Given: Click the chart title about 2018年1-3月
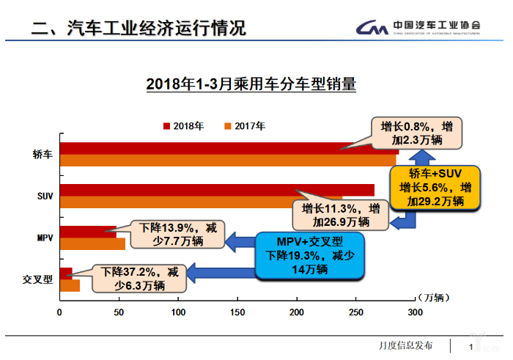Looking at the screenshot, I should point(251,84).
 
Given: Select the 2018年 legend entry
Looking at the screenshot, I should point(183,125).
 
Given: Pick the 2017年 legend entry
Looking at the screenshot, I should point(245,125).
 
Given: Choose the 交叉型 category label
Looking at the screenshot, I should point(38,279).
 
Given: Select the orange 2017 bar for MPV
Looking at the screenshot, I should point(92,244).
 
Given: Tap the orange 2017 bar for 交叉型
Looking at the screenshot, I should point(70,286).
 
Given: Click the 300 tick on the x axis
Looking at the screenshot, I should point(415,312).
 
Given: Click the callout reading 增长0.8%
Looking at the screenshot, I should point(412,133).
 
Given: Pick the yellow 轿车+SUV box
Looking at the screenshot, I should point(435,186).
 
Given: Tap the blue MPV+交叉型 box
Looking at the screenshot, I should point(309,255).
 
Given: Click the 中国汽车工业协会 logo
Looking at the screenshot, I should point(418,27).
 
